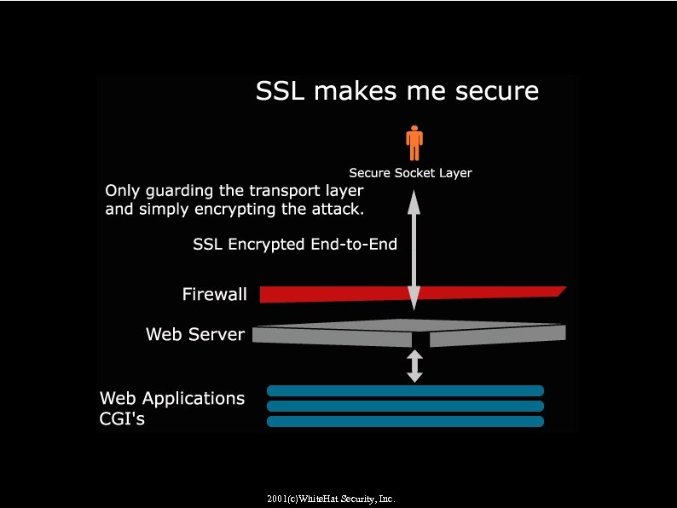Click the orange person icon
click(x=414, y=143)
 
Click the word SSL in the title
click(x=281, y=91)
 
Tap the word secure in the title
click(x=496, y=91)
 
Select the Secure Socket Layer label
click(x=410, y=173)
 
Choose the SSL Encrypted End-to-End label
click(x=295, y=245)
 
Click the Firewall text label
click(x=215, y=295)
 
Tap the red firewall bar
click(x=341, y=294)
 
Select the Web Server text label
click(x=195, y=334)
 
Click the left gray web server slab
click(x=333, y=336)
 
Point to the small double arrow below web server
click(x=414, y=365)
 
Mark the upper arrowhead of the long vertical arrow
click(x=414, y=201)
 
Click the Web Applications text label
click(x=172, y=398)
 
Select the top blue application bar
click(x=405, y=391)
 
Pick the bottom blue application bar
click(x=405, y=421)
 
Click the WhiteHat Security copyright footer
click(x=331, y=498)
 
